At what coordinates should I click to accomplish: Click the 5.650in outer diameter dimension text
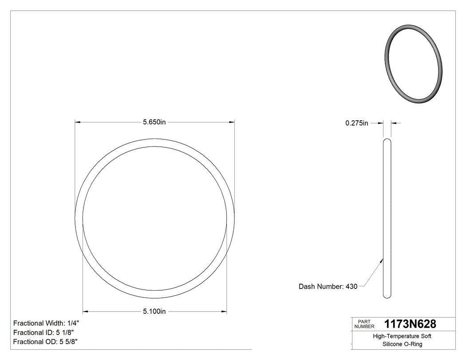coord(154,122)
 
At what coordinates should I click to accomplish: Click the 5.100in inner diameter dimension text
coord(154,312)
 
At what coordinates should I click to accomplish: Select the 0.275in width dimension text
coord(357,123)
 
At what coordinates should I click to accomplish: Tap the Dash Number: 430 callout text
coord(328,287)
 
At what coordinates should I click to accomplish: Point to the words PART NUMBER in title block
coord(364,324)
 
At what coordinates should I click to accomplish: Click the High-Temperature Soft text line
coord(402,336)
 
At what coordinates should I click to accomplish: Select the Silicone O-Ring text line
coord(402,344)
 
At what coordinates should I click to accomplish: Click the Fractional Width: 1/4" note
coord(46,323)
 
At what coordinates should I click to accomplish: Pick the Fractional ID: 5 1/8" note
coord(43,332)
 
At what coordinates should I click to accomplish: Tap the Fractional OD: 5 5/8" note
coord(46,342)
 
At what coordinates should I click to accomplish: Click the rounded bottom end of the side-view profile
coord(387,296)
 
